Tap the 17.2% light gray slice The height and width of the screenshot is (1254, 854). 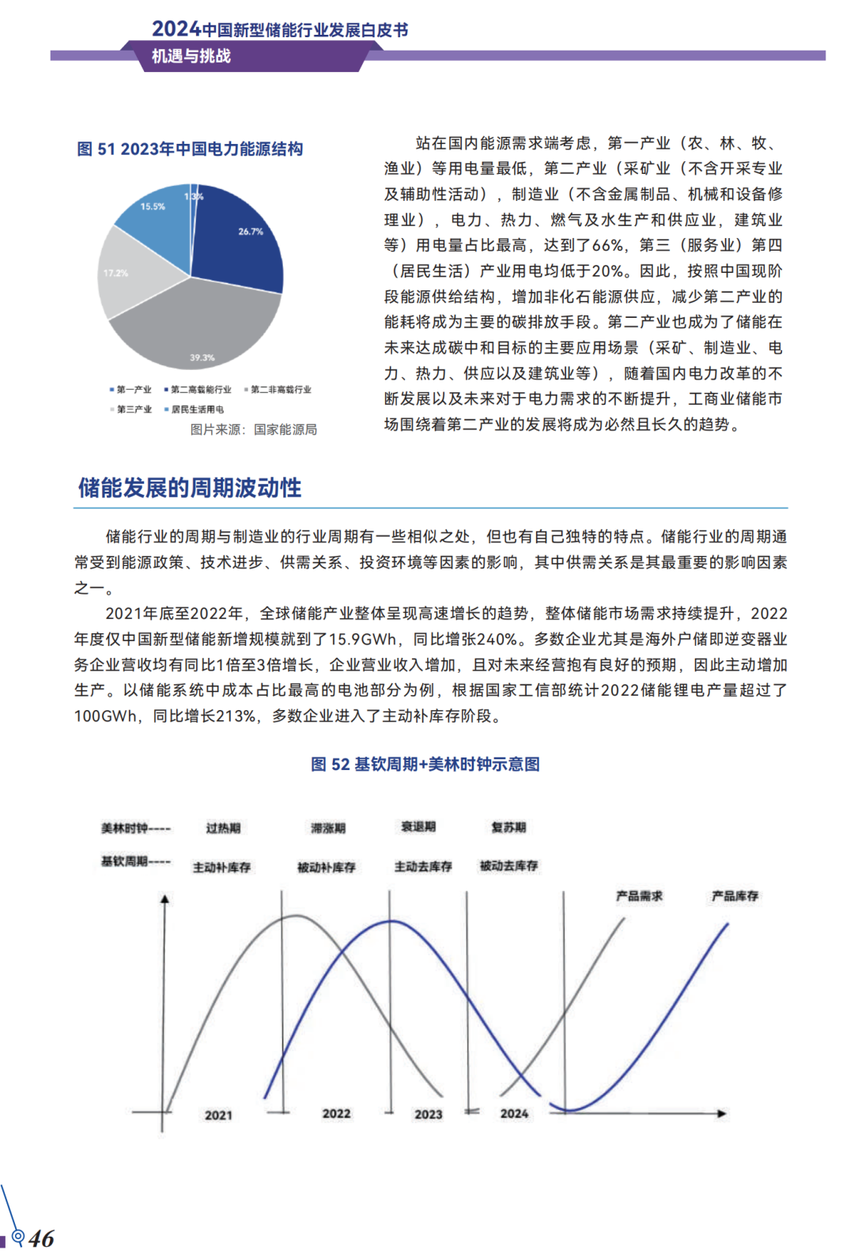pos(130,273)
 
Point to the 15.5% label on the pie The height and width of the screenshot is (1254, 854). pos(153,206)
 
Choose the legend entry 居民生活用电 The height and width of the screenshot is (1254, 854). pos(197,410)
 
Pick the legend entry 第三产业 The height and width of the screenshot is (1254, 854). pos(134,410)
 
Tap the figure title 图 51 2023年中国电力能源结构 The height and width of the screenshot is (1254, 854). pos(190,149)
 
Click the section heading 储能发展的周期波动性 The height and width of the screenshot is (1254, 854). pos(190,488)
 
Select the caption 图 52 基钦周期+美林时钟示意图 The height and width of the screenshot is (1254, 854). pos(425,764)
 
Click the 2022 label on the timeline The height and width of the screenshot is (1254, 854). pos(336,1113)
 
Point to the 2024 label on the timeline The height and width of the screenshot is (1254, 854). pos(514,1113)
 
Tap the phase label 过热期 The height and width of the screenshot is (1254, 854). pos(223,828)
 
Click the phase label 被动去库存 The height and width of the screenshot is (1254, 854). pos(508,866)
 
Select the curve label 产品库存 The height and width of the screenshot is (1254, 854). pos(735,896)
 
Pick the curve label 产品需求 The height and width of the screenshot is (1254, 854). pos(639,896)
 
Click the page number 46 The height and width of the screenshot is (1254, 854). pos(42,1238)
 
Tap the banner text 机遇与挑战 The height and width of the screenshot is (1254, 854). pos(191,56)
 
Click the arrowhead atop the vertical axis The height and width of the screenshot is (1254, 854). pos(164,899)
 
